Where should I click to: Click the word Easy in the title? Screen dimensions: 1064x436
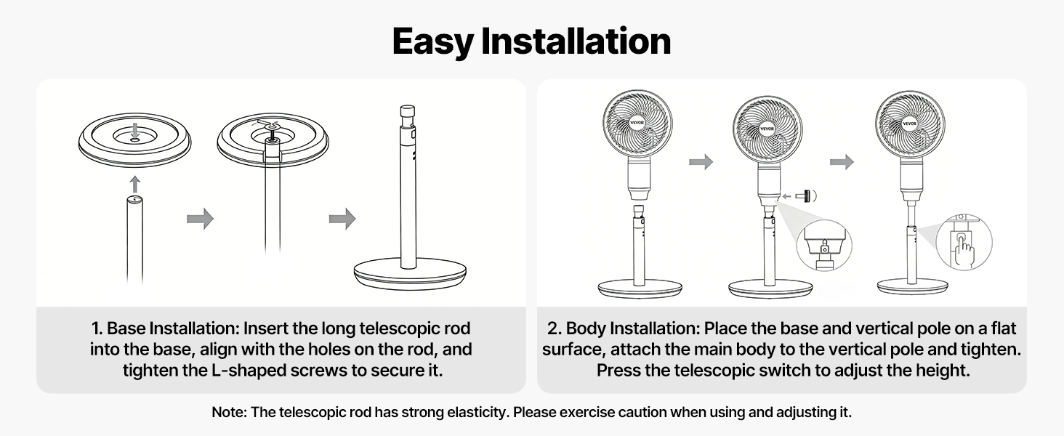point(432,42)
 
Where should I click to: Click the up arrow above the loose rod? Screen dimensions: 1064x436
point(135,185)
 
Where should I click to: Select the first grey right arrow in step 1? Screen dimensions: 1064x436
point(200,219)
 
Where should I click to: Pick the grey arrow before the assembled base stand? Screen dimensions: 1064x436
point(342,219)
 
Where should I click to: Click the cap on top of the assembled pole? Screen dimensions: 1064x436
point(408,112)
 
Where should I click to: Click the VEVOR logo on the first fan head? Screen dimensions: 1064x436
point(637,123)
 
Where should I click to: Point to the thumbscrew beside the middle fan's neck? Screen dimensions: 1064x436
point(805,195)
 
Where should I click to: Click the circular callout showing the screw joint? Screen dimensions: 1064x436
point(824,246)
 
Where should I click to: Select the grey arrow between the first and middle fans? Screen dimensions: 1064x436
point(701,162)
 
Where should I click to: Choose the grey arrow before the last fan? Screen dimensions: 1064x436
point(842,162)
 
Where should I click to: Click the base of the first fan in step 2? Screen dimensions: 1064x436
point(640,288)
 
